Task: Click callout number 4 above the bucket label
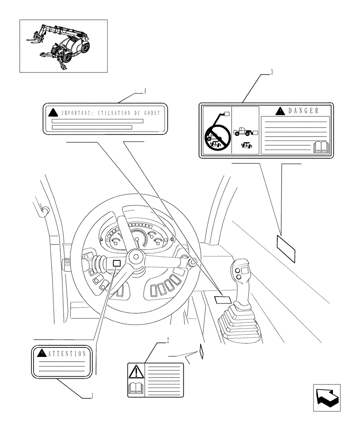point(145,91)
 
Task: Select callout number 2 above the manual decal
point(168,340)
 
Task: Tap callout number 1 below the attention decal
point(92,396)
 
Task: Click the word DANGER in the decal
point(303,111)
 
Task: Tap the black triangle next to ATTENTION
point(41,353)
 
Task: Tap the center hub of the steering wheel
point(136,257)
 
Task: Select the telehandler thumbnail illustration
point(63,45)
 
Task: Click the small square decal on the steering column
point(116,263)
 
